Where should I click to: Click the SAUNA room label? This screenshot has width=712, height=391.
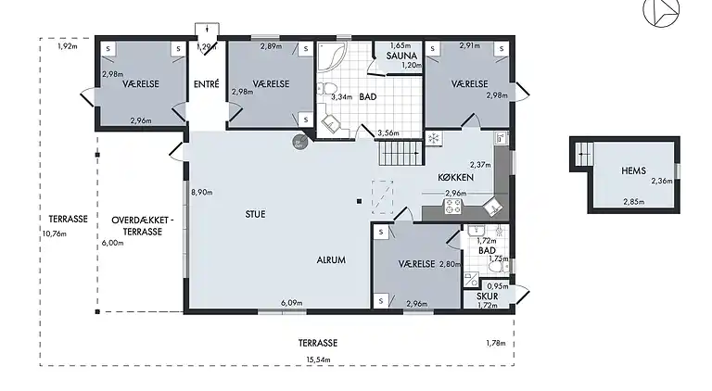pos(401,56)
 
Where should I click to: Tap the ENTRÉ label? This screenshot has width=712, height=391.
pos(207,84)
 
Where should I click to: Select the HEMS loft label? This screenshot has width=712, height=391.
pos(633,170)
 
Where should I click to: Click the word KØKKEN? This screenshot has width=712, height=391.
pos(455,177)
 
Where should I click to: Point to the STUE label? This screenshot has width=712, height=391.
pos(255,214)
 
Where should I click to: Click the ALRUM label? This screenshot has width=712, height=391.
pos(331,260)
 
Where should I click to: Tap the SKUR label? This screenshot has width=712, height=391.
pos(488,296)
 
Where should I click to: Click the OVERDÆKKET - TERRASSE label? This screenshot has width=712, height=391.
pos(143,226)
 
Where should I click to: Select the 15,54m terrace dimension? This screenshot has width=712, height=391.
pos(318,359)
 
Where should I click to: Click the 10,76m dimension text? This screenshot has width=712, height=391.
pos(54,234)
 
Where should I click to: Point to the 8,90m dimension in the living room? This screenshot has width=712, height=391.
pos(202,193)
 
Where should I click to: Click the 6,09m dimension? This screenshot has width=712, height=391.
pos(292,303)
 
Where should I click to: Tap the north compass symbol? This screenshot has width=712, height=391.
pos(661,11)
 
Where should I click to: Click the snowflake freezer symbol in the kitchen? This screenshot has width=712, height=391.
pos(434,138)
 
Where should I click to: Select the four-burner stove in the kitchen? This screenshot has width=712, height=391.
pos(452,207)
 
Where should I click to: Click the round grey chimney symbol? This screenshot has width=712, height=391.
pos(299,142)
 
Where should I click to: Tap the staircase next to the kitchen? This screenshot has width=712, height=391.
pos(400,153)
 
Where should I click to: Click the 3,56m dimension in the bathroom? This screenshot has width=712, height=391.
pos(388,132)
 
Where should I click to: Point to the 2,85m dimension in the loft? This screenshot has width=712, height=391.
pos(633,202)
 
